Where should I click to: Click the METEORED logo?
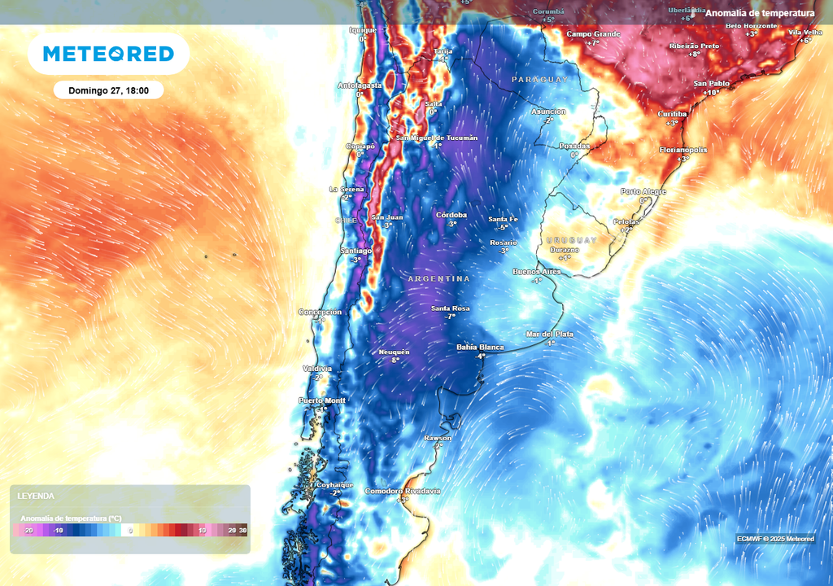pyautogui.click(x=108, y=55)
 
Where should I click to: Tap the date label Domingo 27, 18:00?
pyautogui.click(x=108, y=90)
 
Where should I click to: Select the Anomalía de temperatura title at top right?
pyautogui.click(x=760, y=13)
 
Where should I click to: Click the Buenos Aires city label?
pyautogui.click(x=537, y=271)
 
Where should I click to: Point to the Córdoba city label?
pyautogui.click(x=451, y=215)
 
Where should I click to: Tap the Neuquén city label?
pyautogui.click(x=395, y=352)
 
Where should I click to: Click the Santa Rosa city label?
pyautogui.click(x=451, y=308)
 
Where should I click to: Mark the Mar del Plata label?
pyautogui.click(x=550, y=335)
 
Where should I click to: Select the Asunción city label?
pyautogui.click(x=548, y=112)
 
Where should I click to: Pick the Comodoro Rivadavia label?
pyautogui.click(x=403, y=491)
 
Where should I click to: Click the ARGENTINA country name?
pyautogui.click(x=439, y=279)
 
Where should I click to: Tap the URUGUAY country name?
pyautogui.click(x=570, y=240)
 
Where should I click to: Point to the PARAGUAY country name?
pyautogui.click(x=540, y=79)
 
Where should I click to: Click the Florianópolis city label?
pyautogui.click(x=683, y=151)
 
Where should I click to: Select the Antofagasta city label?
pyautogui.click(x=360, y=85)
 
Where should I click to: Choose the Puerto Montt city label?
pyautogui.click(x=322, y=400)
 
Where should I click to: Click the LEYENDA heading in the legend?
pyautogui.click(x=37, y=496)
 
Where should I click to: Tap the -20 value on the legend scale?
pyautogui.click(x=29, y=530)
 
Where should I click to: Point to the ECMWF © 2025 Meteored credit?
pyautogui.click(x=775, y=539)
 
